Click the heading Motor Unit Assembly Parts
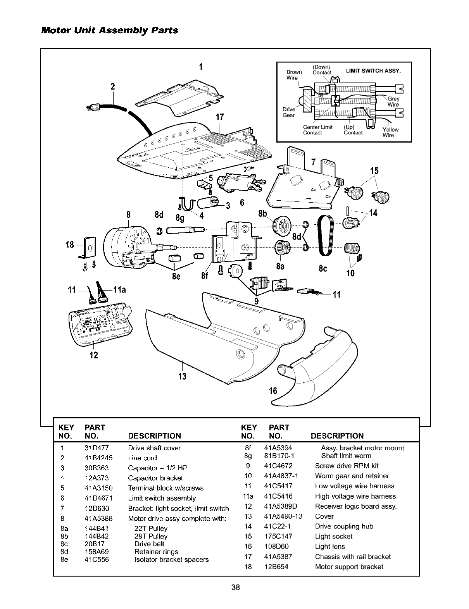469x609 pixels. click(109, 30)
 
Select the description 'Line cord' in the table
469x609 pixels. click(142, 458)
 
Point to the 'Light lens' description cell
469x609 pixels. click(330, 546)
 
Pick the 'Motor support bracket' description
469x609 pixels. click(349, 566)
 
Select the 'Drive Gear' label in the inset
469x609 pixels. click(289, 112)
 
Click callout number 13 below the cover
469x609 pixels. click(182, 376)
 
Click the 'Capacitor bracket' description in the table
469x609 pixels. click(155, 478)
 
